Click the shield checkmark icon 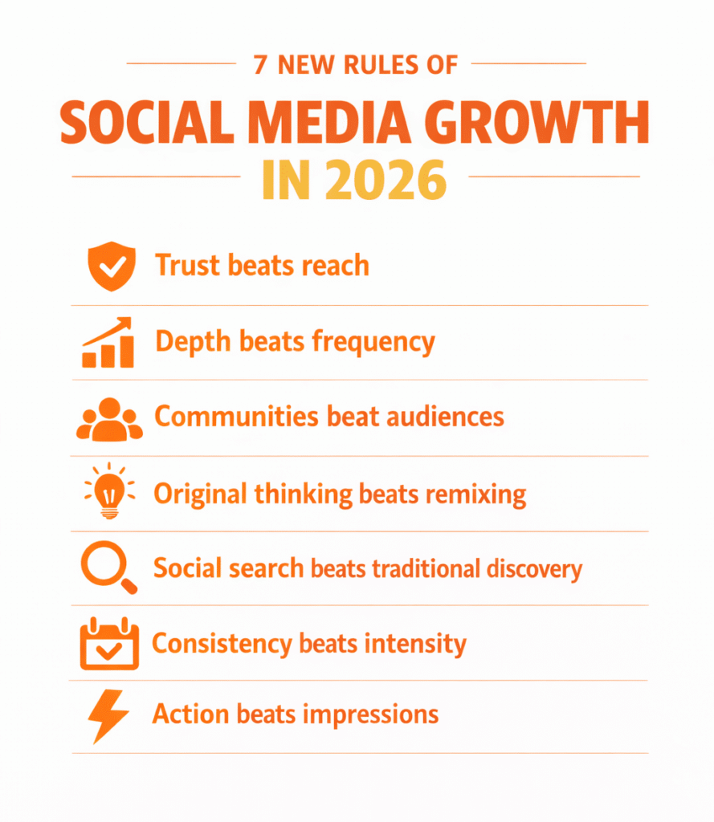click(x=110, y=267)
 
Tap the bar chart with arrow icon click(x=108, y=343)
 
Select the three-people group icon click(x=109, y=418)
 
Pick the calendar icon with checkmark click(x=109, y=644)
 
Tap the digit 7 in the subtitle click(x=260, y=65)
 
